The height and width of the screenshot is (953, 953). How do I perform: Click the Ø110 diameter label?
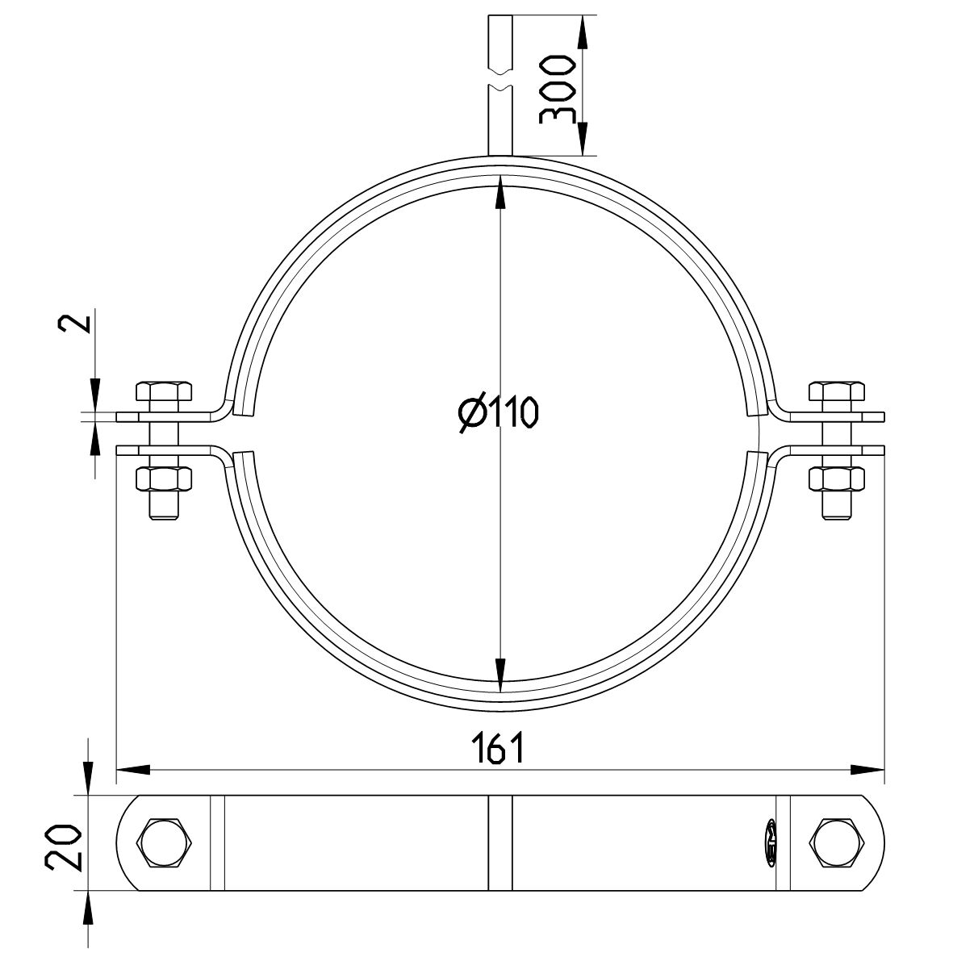pyautogui.click(x=497, y=414)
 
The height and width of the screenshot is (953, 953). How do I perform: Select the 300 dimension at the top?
pyautogui.click(x=556, y=89)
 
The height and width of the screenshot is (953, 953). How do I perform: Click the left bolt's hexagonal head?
pyautogui.click(x=165, y=394)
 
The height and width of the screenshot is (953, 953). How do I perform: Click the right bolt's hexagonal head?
pyautogui.click(x=838, y=394)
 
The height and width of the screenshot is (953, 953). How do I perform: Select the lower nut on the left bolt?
pyautogui.click(x=165, y=479)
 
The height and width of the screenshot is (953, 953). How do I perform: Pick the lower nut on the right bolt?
pyautogui.click(x=838, y=479)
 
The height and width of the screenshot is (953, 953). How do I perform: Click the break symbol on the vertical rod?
pyautogui.click(x=500, y=82)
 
